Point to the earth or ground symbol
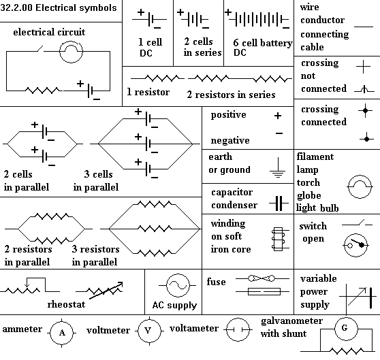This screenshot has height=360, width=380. pyautogui.click(x=278, y=167)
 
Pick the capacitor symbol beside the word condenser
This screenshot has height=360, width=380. pyautogui.click(x=279, y=203)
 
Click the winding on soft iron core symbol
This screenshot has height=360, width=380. pyautogui.click(x=280, y=239)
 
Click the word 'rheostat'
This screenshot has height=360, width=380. pyautogui.click(x=66, y=304)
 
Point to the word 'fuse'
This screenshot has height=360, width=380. pyautogui.click(x=216, y=282)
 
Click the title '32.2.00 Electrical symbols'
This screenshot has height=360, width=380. pyautogui.click(x=59, y=7)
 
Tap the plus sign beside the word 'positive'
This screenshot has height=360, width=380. pyautogui.click(x=278, y=116)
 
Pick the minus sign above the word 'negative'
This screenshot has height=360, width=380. pyautogui.click(x=279, y=133)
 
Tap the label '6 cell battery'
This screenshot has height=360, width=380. pyautogui.click(x=263, y=43)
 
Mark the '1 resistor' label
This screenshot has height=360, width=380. pyautogui.click(x=148, y=92)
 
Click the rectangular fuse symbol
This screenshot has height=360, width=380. pyautogui.click(x=264, y=292)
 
